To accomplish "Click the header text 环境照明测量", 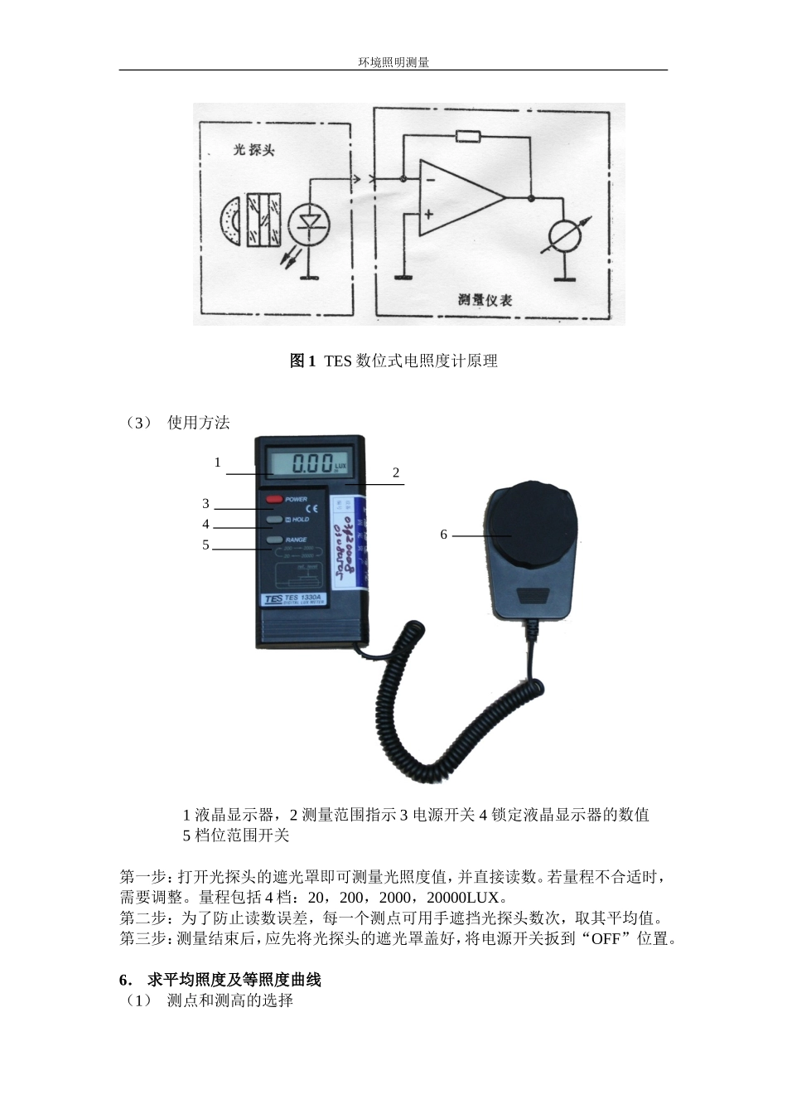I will pyautogui.click(x=393, y=61).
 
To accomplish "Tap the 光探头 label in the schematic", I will pyautogui.click(x=253, y=150).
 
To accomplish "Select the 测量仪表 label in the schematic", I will pyautogui.click(x=485, y=299).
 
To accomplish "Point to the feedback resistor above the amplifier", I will pyautogui.click(x=468, y=136).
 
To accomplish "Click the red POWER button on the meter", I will pyautogui.click(x=274, y=499).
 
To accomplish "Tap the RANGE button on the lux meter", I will pyautogui.click(x=274, y=540).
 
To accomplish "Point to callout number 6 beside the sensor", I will pyautogui.click(x=444, y=535).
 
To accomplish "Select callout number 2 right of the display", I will pyautogui.click(x=396, y=472).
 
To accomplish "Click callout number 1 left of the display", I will pyautogui.click(x=218, y=463).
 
